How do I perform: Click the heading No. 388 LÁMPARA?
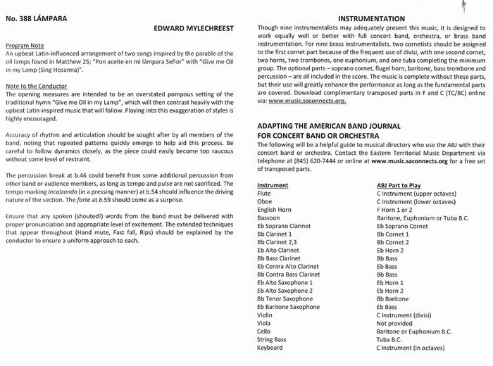point(37,18)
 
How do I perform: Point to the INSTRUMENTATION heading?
point(372,18)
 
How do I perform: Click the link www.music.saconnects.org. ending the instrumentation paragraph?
point(306,101)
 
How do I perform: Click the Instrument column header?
point(273,185)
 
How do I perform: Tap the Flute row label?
point(264,193)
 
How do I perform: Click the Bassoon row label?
point(268,218)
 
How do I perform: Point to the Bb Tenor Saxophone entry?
point(285,299)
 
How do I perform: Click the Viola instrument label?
point(264,323)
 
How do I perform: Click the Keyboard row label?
point(270,348)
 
